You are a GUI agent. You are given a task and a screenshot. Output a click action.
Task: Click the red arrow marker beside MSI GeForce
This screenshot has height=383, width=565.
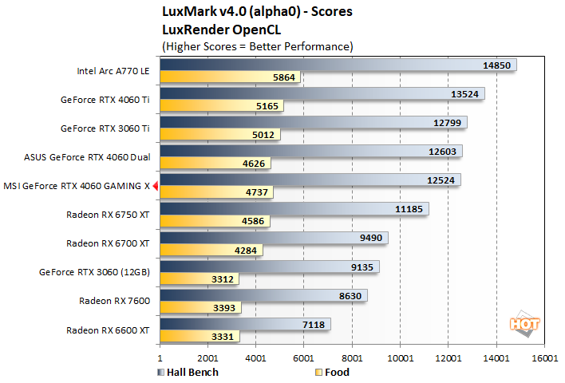click(x=156, y=186)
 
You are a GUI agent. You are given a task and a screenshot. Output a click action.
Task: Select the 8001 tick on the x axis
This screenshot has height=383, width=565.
click(x=352, y=359)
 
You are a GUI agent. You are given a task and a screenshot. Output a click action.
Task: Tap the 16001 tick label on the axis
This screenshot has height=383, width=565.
click(x=544, y=359)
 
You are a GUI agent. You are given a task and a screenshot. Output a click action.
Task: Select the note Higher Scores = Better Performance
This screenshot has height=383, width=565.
click(x=257, y=45)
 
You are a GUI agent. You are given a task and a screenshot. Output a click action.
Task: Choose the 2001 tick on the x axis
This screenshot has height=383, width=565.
click(x=208, y=359)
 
